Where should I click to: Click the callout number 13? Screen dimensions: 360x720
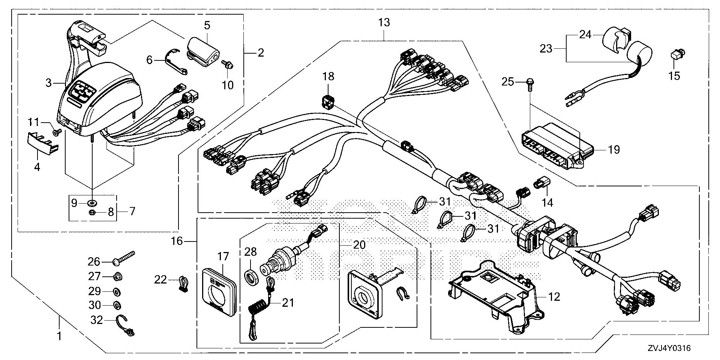pos(384,22)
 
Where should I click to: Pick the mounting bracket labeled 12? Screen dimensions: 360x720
pos(495,296)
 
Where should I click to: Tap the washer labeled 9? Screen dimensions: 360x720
pos(91,203)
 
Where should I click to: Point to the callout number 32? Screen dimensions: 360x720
pos(97,320)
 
